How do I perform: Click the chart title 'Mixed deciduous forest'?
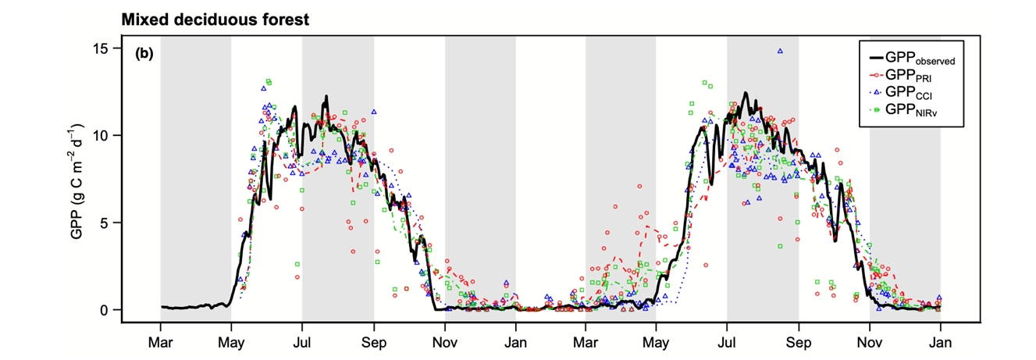215,20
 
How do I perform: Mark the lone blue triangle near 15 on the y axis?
780,51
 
